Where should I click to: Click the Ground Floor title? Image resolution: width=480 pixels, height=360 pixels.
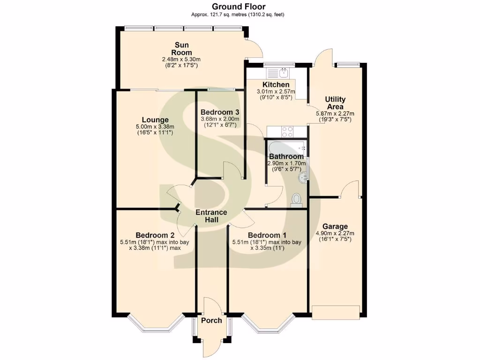click(238, 7)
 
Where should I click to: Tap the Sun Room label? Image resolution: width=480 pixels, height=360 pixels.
click(181, 49)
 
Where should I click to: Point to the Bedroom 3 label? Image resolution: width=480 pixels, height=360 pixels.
click(220, 112)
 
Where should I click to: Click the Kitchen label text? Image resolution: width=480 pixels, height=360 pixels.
click(276, 84)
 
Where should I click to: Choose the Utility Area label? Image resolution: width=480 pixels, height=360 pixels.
click(336, 103)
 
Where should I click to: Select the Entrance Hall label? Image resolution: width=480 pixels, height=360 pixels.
click(211, 216)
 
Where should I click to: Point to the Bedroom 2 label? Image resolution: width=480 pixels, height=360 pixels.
click(155, 235)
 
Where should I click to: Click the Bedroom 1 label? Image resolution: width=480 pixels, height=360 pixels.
click(267, 235)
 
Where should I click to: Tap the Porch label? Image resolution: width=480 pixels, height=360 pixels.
click(211, 321)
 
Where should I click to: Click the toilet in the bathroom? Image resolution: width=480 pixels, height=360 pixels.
click(296, 200)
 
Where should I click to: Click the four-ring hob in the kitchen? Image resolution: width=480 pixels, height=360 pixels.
click(287, 131)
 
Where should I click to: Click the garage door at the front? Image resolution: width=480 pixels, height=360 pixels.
click(336, 312)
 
